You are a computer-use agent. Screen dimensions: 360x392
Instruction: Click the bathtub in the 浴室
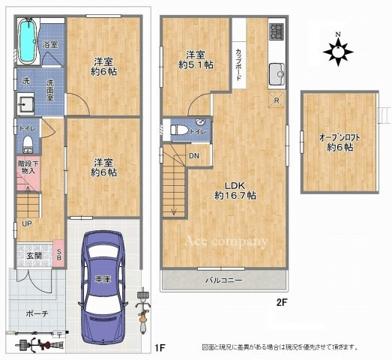tap(28, 42)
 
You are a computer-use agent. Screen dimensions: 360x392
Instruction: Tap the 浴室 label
tap(52, 46)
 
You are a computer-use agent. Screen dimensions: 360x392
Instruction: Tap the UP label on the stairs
tap(26, 223)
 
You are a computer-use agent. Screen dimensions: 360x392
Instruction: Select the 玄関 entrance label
tap(35, 256)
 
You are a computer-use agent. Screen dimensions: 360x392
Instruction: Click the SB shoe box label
tap(60, 255)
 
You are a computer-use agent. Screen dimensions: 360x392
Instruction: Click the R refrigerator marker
tap(277, 100)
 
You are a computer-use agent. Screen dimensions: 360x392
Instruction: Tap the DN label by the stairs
tap(193, 156)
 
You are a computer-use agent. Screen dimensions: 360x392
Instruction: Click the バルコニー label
tap(223, 281)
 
